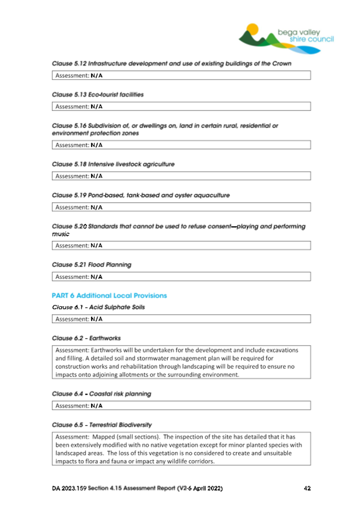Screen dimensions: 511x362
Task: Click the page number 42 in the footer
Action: tap(307, 488)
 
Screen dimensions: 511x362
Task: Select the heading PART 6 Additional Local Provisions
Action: tap(109, 295)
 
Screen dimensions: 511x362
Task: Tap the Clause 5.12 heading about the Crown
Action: tap(172, 63)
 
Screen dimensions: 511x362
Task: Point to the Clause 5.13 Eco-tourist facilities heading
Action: tap(98, 94)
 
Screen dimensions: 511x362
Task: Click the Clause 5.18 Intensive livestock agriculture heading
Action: tap(113, 164)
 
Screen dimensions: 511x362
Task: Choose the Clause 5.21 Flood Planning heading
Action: tap(91, 265)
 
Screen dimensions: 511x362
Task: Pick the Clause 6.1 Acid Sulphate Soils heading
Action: tap(98, 307)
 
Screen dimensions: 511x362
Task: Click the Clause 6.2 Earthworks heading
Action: tap(86, 338)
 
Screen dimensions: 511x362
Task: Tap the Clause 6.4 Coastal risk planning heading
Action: tap(101, 394)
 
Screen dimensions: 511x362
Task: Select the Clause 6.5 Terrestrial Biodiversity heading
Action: tap(102, 425)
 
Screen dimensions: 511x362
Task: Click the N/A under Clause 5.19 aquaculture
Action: tap(97, 207)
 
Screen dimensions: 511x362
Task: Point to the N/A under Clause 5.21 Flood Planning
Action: tap(97, 277)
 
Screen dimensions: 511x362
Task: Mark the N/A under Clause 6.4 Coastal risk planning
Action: tap(97, 406)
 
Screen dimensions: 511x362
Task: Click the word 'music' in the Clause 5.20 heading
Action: tap(61, 234)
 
